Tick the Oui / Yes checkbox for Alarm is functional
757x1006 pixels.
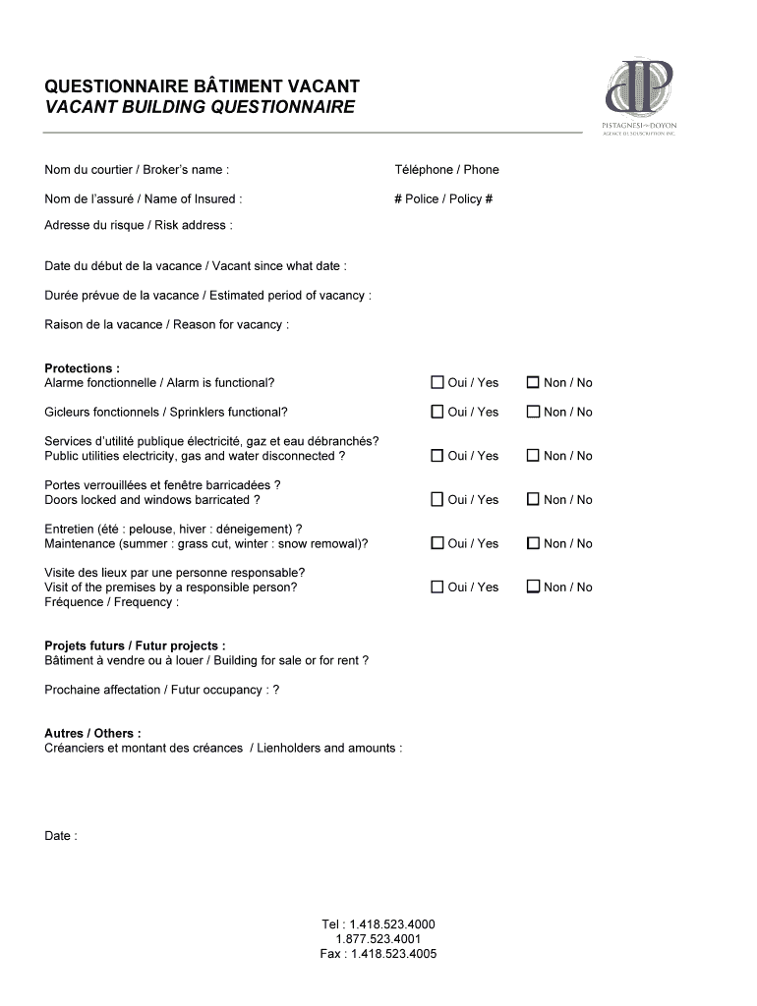pyautogui.click(x=437, y=382)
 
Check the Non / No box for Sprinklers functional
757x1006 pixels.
pyautogui.click(x=534, y=412)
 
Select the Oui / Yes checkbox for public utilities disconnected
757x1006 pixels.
pyautogui.click(x=437, y=455)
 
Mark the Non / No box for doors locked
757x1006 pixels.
pyautogui.click(x=534, y=499)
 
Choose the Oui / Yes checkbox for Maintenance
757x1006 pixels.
pyautogui.click(x=437, y=543)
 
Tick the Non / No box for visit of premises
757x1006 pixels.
pyautogui.click(x=534, y=587)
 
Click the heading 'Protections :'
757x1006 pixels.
pyautogui.click(x=83, y=368)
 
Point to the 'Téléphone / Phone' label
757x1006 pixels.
pyautogui.click(x=446, y=170)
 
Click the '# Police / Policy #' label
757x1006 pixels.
pyautogui.click(x=443, y=198)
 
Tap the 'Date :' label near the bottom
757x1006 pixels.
pyautogui.click(x=61, y=836)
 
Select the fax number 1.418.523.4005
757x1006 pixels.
pyautogui.click(x=378, y=954)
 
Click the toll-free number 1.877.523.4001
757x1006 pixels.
pyautogui.click(x=378, y=939)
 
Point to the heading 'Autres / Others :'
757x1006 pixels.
pyautogui.click(x=92, y=733)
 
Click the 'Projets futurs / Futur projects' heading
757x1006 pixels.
pyautogui.click(x=135, y=645)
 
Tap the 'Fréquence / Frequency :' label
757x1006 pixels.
pyautogui.click(x=111, y=602)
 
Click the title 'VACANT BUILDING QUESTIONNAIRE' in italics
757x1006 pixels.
pyautogui.click(x=200, y=107)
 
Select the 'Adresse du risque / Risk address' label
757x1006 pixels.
pyautogui.click(x=138, y=225)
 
